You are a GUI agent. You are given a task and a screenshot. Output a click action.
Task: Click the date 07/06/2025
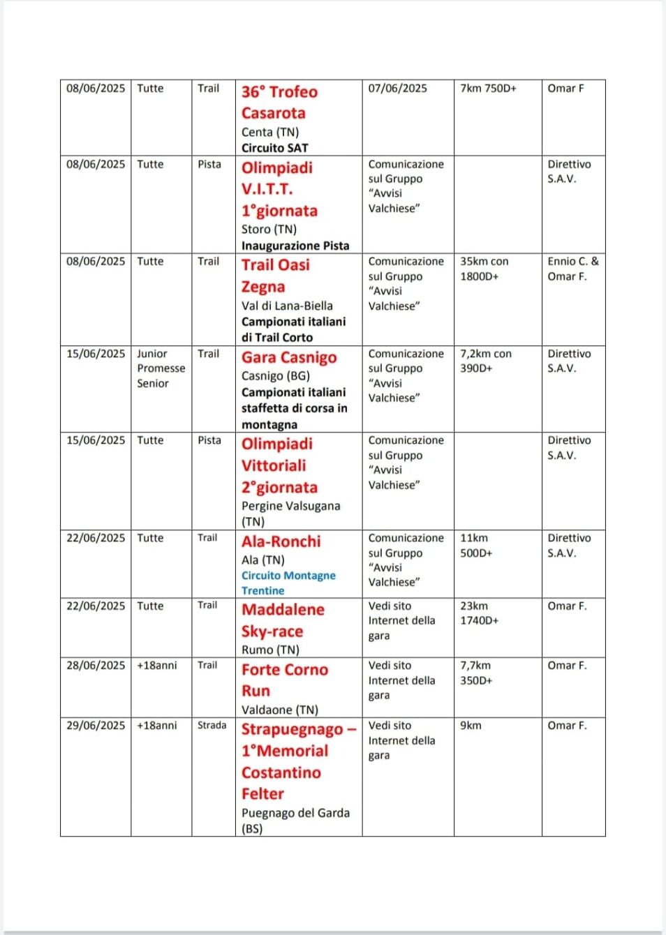coord(397,89)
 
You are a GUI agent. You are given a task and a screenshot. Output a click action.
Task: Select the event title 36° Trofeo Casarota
coord(279,103)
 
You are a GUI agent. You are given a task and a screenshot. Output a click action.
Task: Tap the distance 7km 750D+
coord(488,89)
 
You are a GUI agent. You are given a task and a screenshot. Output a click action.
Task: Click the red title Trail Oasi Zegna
coord(275,276)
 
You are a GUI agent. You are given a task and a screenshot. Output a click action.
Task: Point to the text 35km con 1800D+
coord(484,269)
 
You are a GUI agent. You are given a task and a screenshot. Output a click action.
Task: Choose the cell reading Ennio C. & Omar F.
coord(572,269)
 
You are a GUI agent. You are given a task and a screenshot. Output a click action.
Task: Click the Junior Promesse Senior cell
coord(161,368)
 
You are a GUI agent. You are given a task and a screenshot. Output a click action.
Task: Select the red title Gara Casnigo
coord(289,358)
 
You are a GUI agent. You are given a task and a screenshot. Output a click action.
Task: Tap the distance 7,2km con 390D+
coord(485,361)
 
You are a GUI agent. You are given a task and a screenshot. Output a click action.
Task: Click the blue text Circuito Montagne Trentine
coord(288,583)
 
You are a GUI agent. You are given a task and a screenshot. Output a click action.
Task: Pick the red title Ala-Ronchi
coord(281,541)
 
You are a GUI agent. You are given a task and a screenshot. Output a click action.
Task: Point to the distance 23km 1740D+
coord(479,613)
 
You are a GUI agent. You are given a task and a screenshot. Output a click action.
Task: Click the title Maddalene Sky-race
coord(283,620)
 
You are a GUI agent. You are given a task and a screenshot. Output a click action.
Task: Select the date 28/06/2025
coord(96,666)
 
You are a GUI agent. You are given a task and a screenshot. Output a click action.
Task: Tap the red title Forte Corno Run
coord(284,680)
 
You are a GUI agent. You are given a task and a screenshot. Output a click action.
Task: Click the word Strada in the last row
coord(212,726)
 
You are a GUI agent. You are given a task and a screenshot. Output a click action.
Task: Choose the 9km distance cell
coord(471,726)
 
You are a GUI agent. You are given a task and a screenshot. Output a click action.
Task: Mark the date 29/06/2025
coord(96,726)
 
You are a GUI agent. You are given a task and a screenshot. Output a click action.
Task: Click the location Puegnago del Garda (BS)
coord(295,821)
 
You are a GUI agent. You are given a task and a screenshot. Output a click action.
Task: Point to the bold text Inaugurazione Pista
coord(295,246)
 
